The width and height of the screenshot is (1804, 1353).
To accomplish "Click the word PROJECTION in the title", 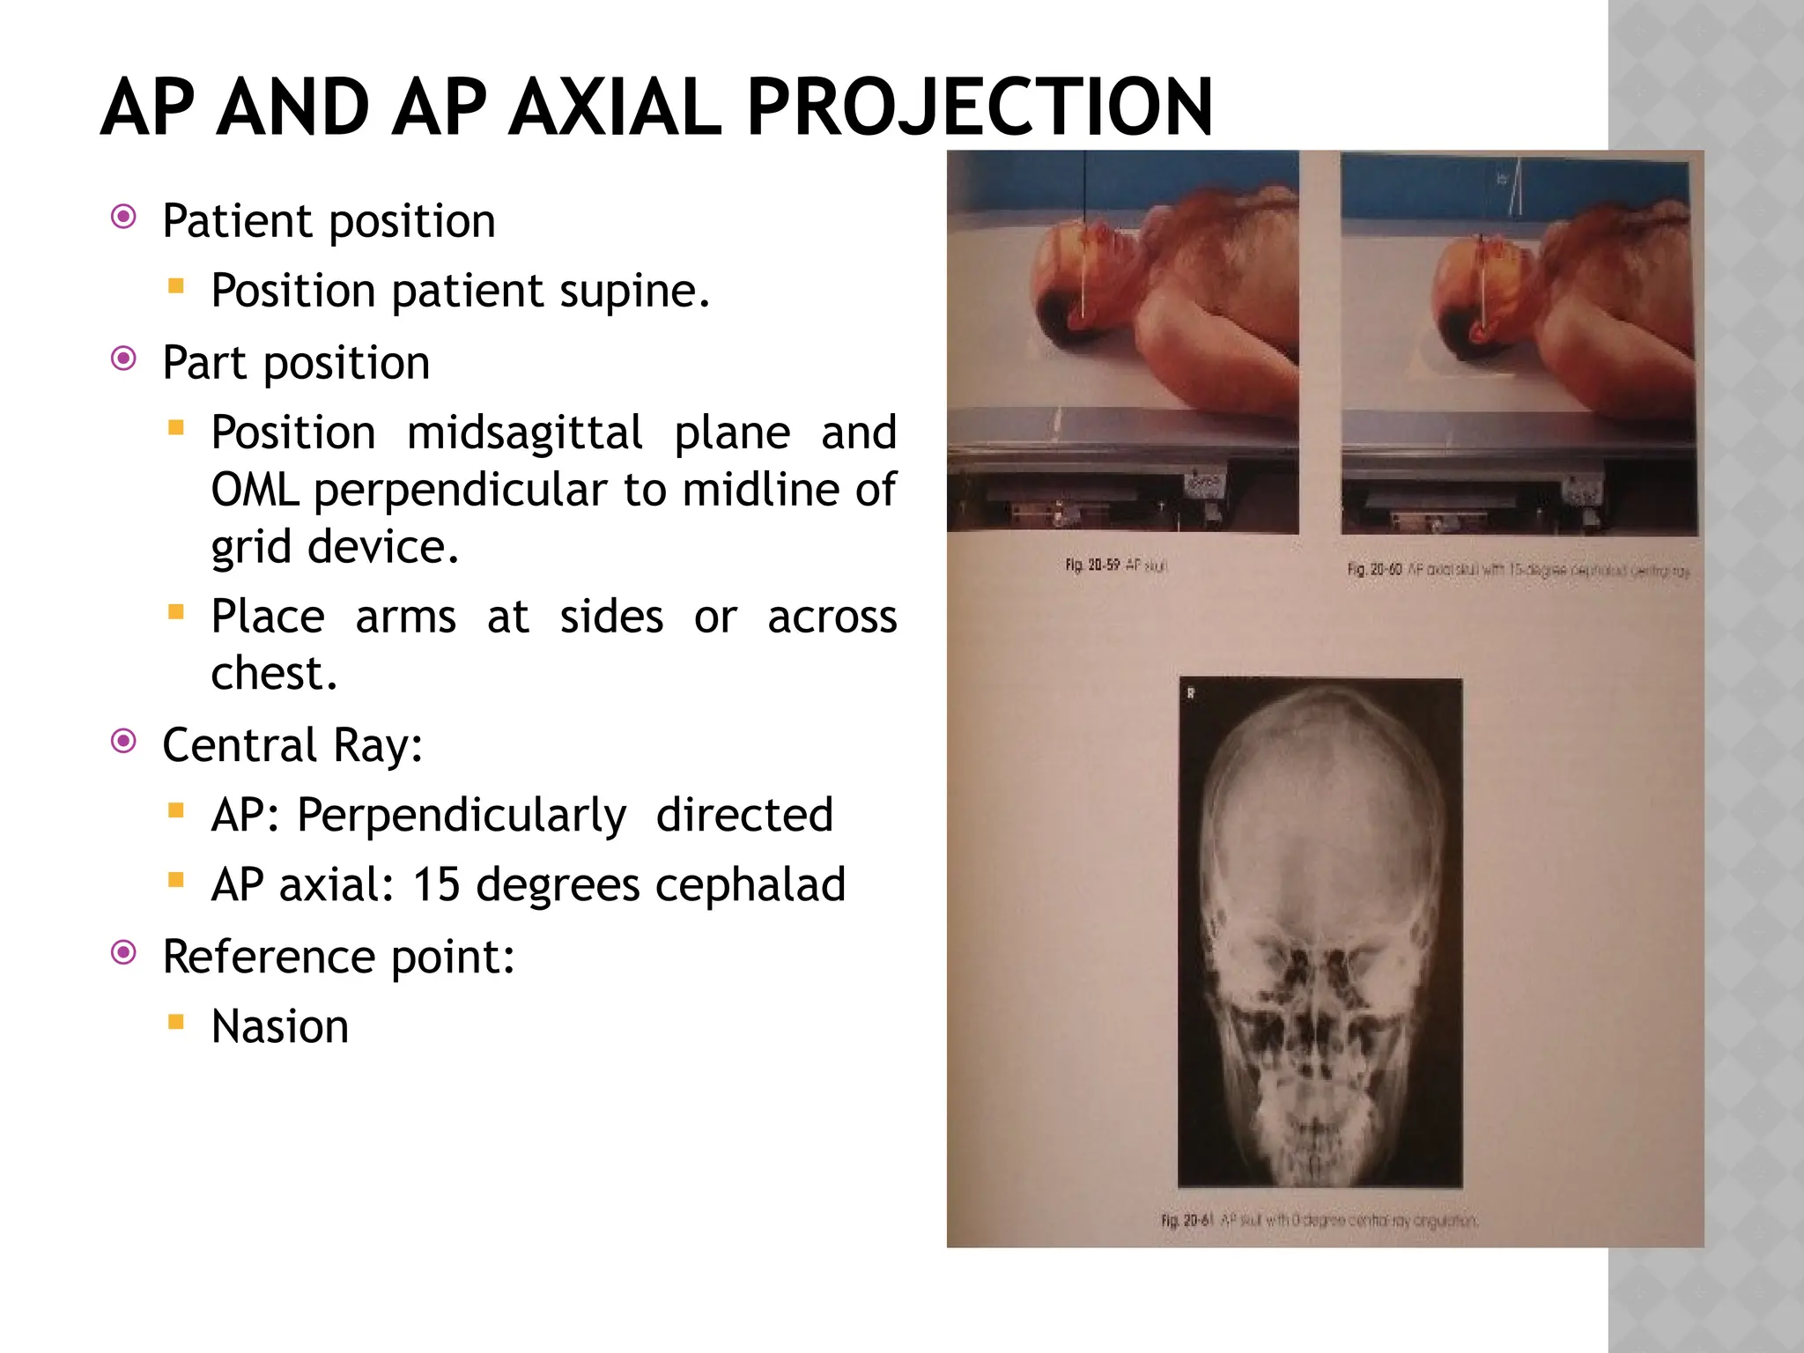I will click(980, 107).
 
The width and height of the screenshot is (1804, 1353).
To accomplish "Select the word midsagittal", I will click(524, 433).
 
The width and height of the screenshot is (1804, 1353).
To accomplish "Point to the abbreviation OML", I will click(255, 490).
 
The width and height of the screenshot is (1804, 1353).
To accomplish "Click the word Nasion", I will click(280, 1026).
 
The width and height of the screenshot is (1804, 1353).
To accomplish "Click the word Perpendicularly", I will click(461, 815).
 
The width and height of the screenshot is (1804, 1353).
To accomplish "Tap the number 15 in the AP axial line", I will click(436, 884).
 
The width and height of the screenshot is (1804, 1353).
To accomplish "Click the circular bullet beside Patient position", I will click(124, 217).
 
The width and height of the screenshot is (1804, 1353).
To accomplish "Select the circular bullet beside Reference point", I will click(124, 952).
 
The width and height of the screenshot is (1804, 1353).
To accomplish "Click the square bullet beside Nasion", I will click(176, 1022).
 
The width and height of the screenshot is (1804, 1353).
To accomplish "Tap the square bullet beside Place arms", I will click(176, 611).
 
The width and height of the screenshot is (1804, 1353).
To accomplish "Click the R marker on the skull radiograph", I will click(1191, 694).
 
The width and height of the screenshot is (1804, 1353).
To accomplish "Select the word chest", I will click(274, 674).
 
